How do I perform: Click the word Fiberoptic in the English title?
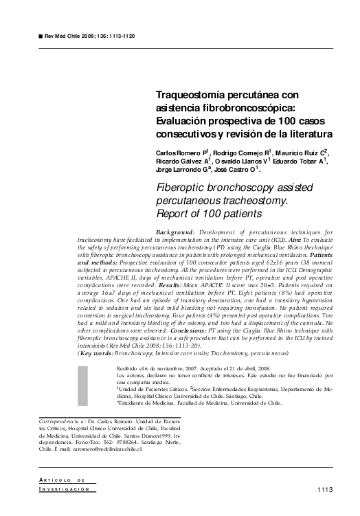click(x=183, y=188)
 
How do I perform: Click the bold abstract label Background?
click(x=175, y=233)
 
